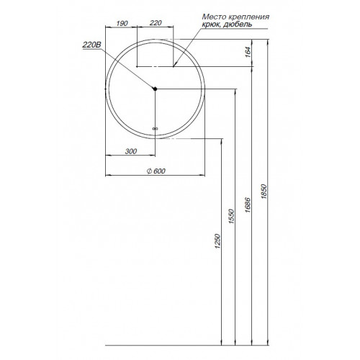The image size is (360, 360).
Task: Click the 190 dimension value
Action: [122, 23]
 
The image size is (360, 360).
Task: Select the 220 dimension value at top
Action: [156, 23]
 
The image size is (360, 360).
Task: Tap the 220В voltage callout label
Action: [91, 45]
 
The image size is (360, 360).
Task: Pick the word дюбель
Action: [238, 24]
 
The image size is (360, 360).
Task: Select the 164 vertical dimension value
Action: [248, 52]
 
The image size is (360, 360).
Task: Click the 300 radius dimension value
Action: [131, 151]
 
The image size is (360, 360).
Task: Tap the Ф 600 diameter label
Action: [156, 171]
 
